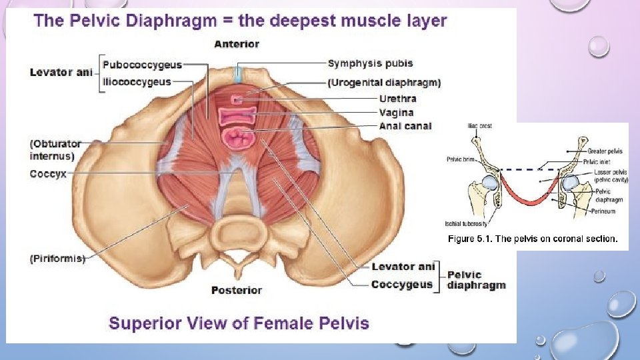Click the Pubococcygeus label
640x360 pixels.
(x=143, y=65)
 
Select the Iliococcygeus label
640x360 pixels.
(x=138, y=81)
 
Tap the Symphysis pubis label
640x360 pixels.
(x=370, y=63)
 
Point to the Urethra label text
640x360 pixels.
(x=397, y=99)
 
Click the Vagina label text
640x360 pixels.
(x=396, y=113)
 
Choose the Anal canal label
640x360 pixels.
(x=405, y=126)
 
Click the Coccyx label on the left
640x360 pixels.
(x=48, y=174)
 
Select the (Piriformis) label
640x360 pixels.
(x=57, y=259)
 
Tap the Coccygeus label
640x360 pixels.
(x=402, y=284)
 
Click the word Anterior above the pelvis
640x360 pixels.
(x=237, y=44)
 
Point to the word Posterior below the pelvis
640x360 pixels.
(x=237, y=290)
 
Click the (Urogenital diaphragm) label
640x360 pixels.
(x=384, y=83)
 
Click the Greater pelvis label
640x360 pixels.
(x=605, y=151)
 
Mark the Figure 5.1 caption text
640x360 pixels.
(x=533, y=238)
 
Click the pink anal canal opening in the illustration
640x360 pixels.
(x=238, y=139)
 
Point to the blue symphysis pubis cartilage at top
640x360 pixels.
(x=238, y=73)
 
